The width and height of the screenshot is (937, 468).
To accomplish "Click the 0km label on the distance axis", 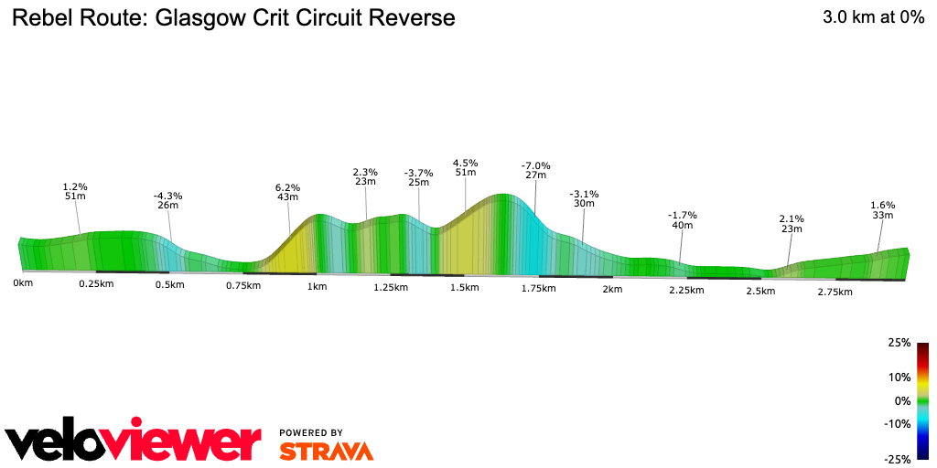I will [23, 283].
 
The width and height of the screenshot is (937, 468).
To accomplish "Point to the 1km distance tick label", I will [317, 287].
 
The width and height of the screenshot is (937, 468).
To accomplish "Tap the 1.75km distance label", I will [538, 289].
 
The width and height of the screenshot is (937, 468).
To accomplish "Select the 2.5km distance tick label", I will [760, 291].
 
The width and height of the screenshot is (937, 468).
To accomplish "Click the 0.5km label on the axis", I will [169, 285].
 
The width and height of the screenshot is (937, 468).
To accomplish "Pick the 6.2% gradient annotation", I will [287, 188].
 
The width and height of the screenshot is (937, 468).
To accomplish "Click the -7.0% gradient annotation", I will [535, 165].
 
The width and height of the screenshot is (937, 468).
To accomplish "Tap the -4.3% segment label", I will [168, 196].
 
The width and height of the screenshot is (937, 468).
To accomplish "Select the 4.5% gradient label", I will [465, 164].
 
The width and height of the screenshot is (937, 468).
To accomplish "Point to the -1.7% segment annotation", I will [683, 216].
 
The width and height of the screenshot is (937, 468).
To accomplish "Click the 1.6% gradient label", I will [883, 206].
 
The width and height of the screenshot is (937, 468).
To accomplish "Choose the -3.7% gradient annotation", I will [418, 173].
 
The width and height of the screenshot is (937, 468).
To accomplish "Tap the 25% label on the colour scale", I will [899, 343].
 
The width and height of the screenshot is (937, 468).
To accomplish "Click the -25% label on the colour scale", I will [897, 459].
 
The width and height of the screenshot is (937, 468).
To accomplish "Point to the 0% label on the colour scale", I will [902, 400].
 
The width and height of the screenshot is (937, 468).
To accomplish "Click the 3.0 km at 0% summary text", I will [874, 18].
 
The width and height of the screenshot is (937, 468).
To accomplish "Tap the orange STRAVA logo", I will [326, 451].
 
